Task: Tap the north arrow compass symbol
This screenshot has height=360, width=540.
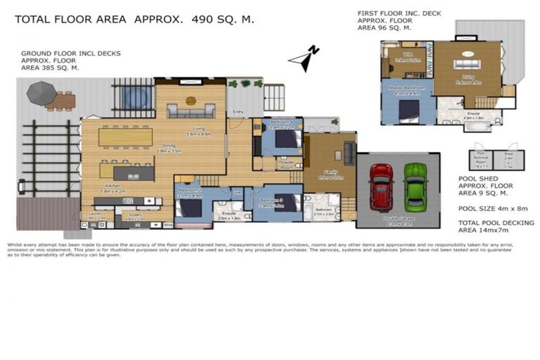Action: [309, 58]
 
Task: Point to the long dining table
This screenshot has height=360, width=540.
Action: [126, 136]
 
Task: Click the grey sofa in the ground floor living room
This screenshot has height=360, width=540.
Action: [191, 110]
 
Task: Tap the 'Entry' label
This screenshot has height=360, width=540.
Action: [238, 111]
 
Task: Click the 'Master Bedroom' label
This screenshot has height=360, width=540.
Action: [407, 88]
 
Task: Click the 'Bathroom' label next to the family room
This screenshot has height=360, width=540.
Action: [323, 210]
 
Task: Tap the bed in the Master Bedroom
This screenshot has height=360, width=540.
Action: [409, 110]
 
